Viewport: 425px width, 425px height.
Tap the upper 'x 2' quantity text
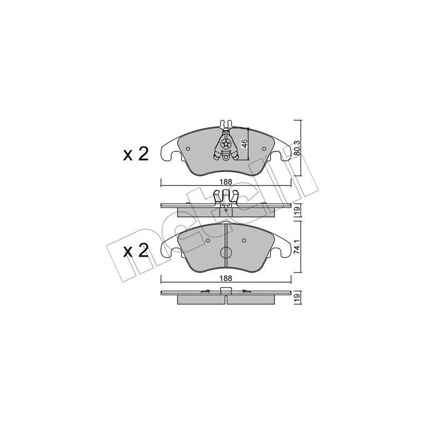(135, 155)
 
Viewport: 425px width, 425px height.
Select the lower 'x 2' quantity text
(135, 251)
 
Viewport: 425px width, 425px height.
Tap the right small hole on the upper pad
(262, 149)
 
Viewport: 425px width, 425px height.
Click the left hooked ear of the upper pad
(167, 152)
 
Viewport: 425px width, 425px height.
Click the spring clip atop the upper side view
(225, 197)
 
